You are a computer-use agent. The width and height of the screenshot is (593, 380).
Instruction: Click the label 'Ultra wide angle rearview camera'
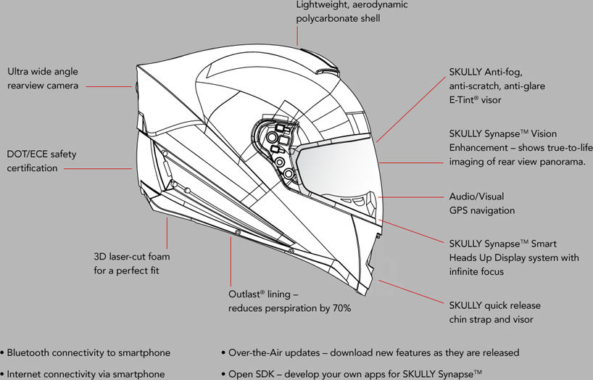43,78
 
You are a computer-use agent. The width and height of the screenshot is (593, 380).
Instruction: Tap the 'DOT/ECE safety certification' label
41,161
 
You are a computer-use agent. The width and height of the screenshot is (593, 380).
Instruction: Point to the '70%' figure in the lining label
341,309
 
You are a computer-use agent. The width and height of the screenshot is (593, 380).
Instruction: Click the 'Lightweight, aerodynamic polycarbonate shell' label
352,12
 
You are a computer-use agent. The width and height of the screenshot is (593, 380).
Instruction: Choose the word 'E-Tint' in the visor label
463,100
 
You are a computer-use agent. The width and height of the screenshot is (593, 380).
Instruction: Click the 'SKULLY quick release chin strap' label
494,313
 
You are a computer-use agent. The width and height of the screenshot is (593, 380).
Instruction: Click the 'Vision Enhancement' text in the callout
492,141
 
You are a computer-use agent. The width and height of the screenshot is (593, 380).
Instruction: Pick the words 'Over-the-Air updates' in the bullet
273,352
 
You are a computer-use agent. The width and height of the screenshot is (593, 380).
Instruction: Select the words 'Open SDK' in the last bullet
249,374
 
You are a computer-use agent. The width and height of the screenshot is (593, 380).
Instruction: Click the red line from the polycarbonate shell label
297,36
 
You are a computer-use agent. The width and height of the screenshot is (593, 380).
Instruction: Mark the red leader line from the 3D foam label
167,232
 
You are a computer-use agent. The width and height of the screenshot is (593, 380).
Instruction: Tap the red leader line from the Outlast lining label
231,261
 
